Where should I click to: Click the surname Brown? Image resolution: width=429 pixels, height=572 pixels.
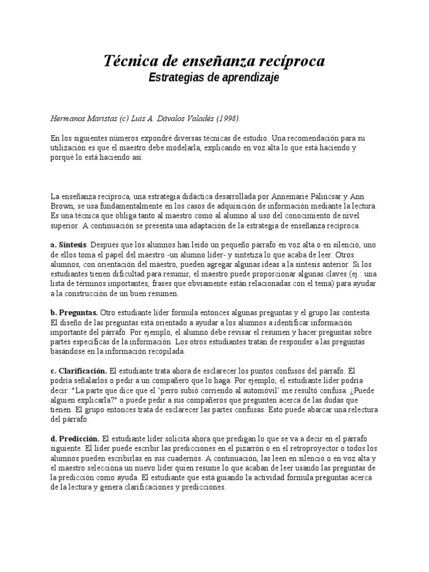63,206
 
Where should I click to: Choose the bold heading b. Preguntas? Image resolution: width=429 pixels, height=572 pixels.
74,313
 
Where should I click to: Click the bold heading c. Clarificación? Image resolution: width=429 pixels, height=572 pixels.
78,371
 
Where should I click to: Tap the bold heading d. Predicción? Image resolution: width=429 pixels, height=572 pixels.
75,439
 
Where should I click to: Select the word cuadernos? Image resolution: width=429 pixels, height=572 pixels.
185,459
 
